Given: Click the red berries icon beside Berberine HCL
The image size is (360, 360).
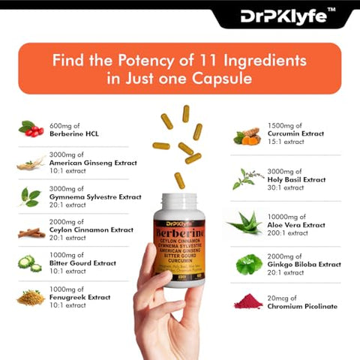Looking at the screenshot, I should (30, 129).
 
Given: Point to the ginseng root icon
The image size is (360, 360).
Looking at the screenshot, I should (31, 163).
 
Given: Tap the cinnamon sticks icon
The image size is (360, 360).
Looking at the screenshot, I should (31, 232).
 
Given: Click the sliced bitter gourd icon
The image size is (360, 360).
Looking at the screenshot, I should (31, 263).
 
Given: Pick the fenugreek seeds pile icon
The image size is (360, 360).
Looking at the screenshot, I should (31, 298).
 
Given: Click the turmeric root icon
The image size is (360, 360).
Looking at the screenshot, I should (245, 136).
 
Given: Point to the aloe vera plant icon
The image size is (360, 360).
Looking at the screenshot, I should (244, 222).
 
